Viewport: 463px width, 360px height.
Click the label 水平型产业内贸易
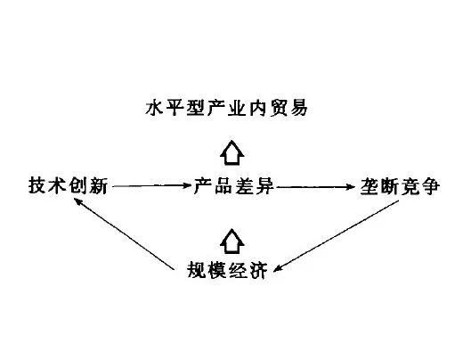click(x=226, y=108)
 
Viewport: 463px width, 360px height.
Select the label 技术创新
click(x=68, y=186)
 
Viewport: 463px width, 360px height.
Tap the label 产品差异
click(x=233, y=186)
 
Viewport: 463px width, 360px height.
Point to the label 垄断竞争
click(x=400, y=186)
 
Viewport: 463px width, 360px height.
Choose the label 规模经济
click(x=227, y=270)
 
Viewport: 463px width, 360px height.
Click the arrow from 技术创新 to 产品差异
click(x=152, y=186)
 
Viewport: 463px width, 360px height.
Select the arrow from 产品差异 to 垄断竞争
click(x=315, y=187)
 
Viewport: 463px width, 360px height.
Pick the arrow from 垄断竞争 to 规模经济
click(x=336, y=236)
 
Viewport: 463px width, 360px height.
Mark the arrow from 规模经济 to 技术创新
click(x=124, y=234)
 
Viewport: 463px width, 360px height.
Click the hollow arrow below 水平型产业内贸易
click(x=232, y=152)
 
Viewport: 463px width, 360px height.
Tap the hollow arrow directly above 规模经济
click(x=232, y=241)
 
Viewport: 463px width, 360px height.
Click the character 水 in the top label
click(x=155, y=108)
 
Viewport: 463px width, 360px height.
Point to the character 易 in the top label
click(x=298, y=108)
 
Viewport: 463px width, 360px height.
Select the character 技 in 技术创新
click(x=37, y=186)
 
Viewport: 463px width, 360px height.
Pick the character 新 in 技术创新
click(x=98, y=186)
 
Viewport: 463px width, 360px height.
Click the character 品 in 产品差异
click(x=223, y=186)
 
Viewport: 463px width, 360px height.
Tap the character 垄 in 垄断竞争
click(x=370, y=186)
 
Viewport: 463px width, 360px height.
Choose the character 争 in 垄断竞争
click(x=430, y=186)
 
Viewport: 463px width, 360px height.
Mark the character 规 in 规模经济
click(x=197, y=270)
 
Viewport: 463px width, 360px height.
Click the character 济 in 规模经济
click(x=258, y=270)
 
